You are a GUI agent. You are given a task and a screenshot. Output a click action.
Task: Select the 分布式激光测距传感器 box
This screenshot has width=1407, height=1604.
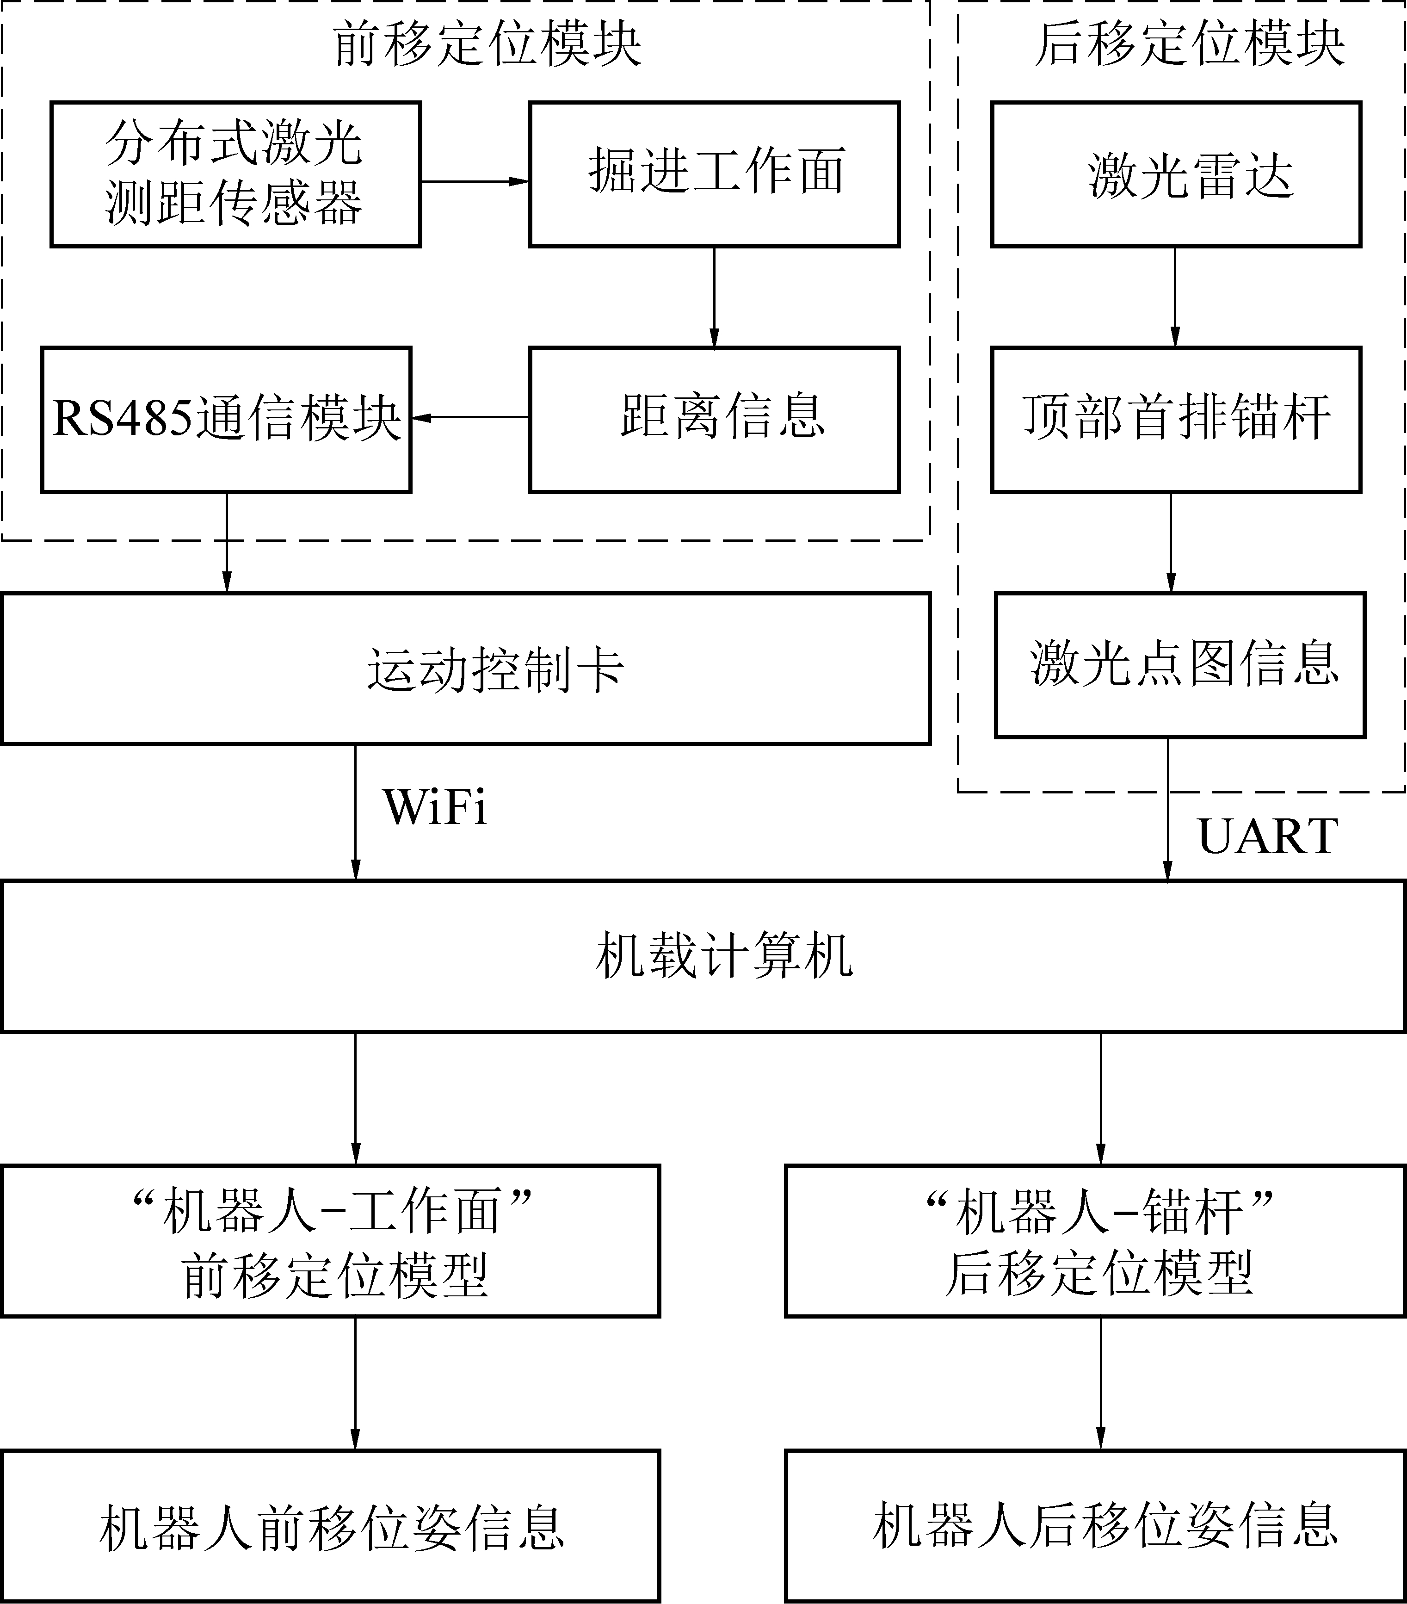(235, 174)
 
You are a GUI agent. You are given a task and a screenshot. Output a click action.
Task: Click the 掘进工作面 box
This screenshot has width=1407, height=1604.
(714, 174)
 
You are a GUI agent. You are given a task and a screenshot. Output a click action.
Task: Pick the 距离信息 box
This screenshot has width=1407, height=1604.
(714, 420)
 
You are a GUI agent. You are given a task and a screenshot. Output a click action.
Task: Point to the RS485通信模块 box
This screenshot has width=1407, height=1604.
(226, 420)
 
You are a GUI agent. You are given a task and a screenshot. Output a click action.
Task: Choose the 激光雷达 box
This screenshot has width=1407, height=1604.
(1176, 174)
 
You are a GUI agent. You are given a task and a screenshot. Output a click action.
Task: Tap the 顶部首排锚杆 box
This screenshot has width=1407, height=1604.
(1176, 420)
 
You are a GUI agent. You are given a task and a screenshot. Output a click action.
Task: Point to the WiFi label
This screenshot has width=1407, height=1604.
(436, 807)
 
